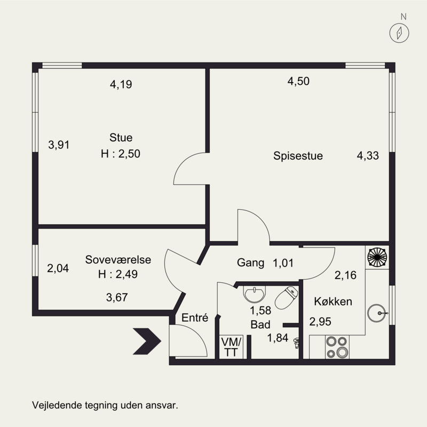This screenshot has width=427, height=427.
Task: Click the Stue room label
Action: [x=121, y=138]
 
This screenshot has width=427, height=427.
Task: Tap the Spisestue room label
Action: [x=298, y=156]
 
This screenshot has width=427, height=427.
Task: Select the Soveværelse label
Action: [x=118, y=259]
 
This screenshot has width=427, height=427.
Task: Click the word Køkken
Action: [x=333, y=302]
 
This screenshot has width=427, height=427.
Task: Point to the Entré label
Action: [x=195, y=318]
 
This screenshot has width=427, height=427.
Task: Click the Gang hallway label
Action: [x=250, y=263]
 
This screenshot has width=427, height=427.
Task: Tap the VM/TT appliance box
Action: [x=231, y=347]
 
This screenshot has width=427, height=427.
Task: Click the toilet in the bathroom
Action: [x=286, y=297]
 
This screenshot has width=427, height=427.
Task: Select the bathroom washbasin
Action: [x=255, y=294]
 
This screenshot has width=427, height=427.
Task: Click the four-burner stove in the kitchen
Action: [x=337, y=347]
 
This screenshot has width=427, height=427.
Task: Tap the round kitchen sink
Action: [x=377, y=313]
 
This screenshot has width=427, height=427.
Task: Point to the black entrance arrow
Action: [x=147, y=341]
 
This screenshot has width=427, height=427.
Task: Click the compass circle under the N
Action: [x=399, y=33]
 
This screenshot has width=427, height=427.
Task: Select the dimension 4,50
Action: [x=298, y=81]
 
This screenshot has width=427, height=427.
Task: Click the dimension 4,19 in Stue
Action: [x=121, y=84]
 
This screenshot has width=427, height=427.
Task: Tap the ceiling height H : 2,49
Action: [x=118, y=274]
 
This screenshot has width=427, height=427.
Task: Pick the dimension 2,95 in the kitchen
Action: [x=320, y=322]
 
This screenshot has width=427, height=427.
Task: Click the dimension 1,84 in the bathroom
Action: [x=278, y=338]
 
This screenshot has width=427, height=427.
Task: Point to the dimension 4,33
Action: [x=368, y=156]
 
